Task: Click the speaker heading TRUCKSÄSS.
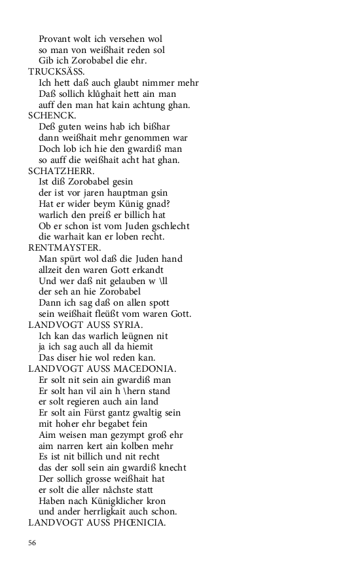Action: (x=56, y=71)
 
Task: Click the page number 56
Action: (x=32, y=543)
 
